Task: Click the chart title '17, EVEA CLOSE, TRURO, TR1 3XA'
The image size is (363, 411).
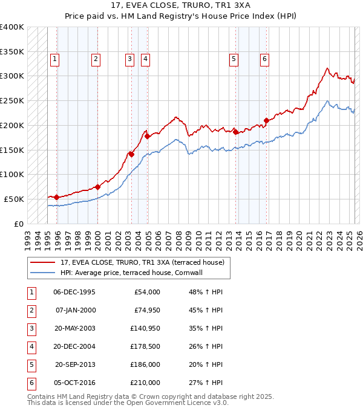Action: (180, 7)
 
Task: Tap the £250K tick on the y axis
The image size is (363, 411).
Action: (13, 100)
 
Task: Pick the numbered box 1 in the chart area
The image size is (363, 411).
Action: (55, 59)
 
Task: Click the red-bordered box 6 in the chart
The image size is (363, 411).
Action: (264, 59)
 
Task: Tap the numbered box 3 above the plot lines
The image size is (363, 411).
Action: (129, 59)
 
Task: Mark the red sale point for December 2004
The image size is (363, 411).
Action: (146, 135)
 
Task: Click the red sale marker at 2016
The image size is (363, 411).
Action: (266, 120)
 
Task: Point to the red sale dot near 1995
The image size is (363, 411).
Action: (56, 197)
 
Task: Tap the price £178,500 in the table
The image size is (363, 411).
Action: (146, 346)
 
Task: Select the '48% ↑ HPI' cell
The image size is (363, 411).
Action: (206, 292)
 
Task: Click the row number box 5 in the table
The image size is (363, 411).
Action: (31, 364)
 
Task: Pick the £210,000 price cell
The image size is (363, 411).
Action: (146, 383)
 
